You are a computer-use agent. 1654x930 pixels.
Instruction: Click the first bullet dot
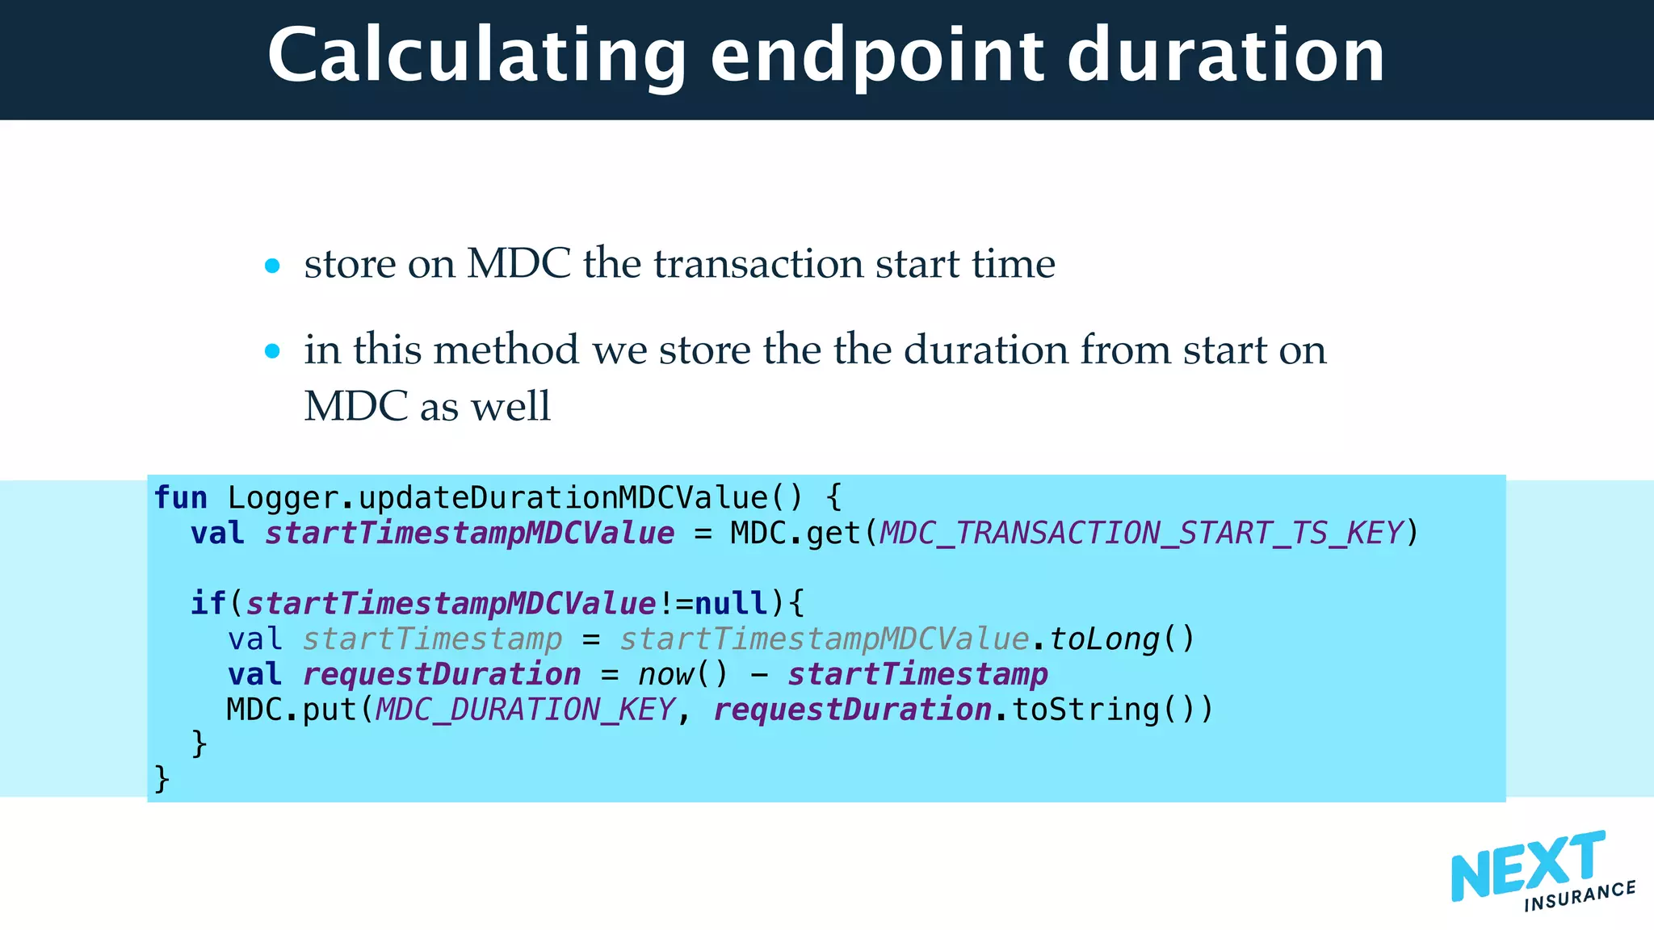pos(272,266)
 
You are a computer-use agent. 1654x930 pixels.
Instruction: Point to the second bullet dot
pos(272,351)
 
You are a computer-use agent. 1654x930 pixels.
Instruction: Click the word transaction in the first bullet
pos(758,264)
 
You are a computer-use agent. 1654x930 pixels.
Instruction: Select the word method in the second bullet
pos(506,350)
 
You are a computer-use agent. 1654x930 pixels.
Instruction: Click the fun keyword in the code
pos(180,498)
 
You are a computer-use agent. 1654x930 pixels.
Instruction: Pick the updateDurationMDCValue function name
pos(564,498)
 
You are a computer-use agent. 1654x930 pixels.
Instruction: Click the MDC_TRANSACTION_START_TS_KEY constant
pos(1141,534)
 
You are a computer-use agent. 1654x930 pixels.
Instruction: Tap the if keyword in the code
pos(208,603)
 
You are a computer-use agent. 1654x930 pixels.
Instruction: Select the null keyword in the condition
pos(731,603)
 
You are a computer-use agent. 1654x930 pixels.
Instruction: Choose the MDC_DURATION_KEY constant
pos(525,710)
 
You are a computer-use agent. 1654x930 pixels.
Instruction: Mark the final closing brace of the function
pos(162,779)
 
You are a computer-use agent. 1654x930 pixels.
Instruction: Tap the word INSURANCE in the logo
pos(1580,896)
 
